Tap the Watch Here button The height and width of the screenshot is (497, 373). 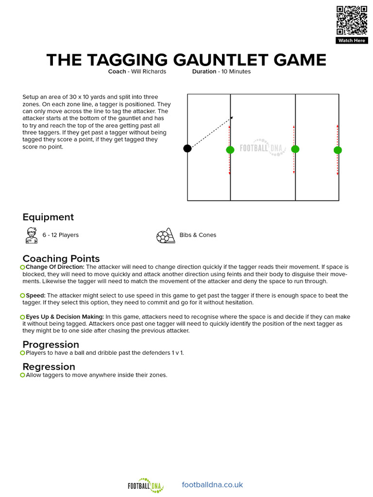[x=351, y=41]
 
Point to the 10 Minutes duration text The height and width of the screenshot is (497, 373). [x=235, y=71]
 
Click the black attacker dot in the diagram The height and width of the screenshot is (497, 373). [x=187, y=149]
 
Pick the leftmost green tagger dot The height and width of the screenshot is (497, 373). [x=230, y=149]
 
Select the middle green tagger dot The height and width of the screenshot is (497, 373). [x=295, y=149]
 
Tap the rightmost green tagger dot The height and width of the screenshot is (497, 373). [x=338, y=150]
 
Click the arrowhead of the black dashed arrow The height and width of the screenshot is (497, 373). [x=232, y=117]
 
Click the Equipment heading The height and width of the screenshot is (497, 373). [x=48, y=217]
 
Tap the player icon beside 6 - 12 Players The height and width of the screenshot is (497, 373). [x=31, y=235]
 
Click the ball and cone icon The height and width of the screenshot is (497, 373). [x=165, y=235]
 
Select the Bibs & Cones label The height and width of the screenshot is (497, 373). [x=198, y=235]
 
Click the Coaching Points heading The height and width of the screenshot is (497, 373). [x=61, y=258]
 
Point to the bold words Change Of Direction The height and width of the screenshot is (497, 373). [x=55, y=267]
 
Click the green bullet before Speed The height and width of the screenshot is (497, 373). [x=23, y=296]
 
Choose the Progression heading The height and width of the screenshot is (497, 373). [x=51, y=345]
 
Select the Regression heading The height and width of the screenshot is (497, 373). [x=49, y=366]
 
